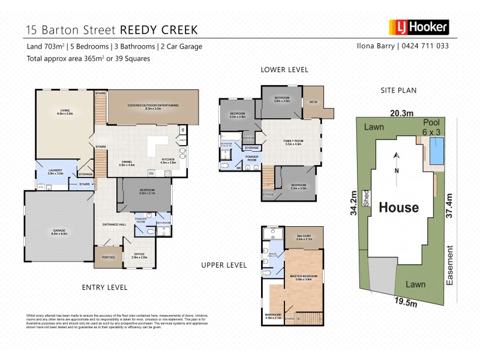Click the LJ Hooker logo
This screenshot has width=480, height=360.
click(419, 27)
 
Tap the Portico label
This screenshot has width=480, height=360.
click(109, 257)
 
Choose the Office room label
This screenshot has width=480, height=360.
click(139, 254)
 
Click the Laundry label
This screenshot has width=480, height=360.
click(56, 171)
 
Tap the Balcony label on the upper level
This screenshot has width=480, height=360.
click(304, 236)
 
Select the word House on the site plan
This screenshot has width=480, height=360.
click(398, 208)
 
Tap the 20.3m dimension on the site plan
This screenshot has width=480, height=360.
click(402, 113)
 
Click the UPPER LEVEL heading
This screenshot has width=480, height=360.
click(224, 265)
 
